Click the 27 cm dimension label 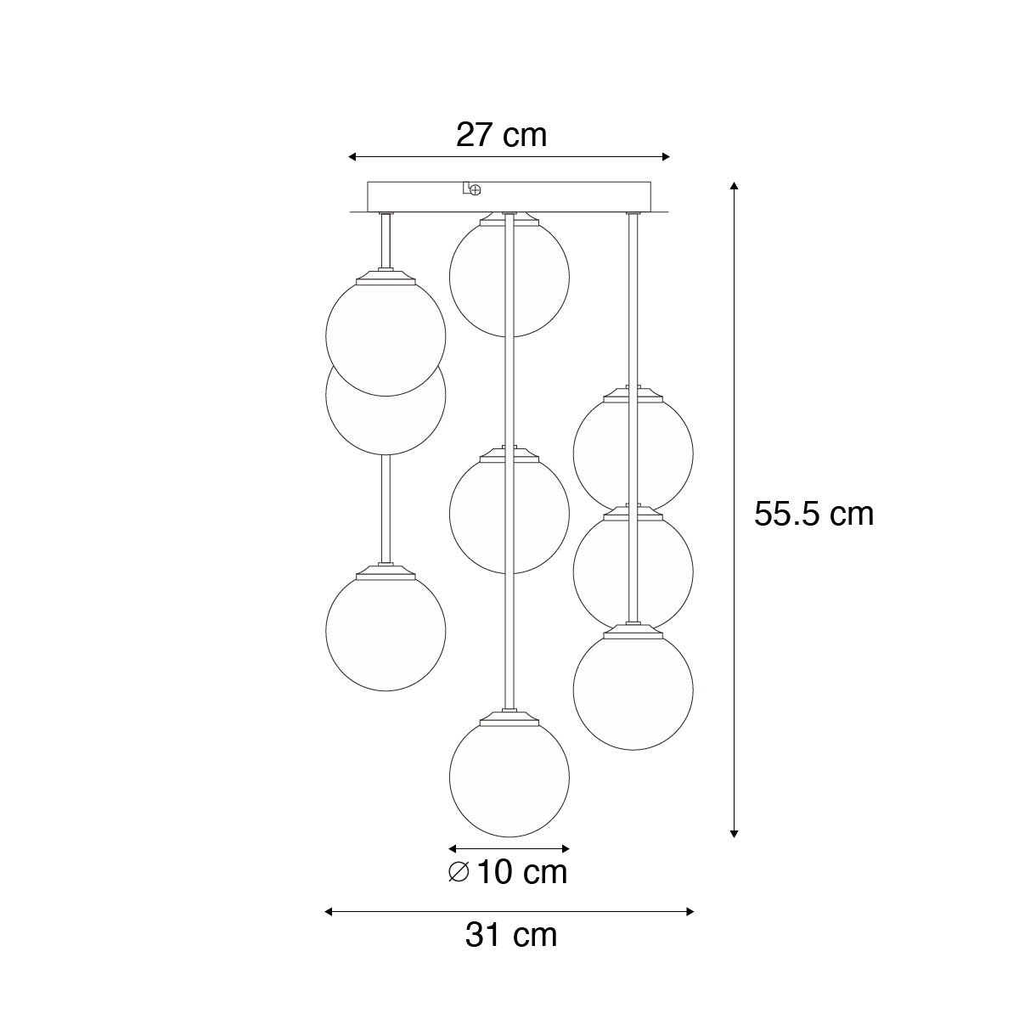click(501, 135)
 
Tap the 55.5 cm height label click(814, 513)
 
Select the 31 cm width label click(511, 935)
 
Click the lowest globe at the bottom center click(509, 777)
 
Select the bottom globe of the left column click(386, 631)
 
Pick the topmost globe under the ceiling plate click(509, 277)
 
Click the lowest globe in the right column click(633, 690)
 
